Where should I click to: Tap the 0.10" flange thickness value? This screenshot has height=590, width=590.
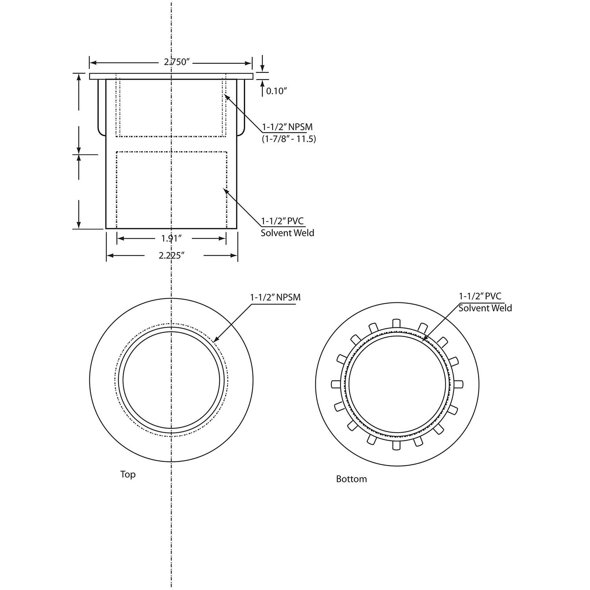click(x=277, y=91)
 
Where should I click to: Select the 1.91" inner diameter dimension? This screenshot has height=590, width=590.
click(x=171, y=238)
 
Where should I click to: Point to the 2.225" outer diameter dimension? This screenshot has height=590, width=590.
click(x=171, y=256)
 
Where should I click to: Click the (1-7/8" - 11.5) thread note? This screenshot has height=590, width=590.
click(x=289, y=139)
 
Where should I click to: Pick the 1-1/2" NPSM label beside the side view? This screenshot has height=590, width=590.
click(x=288, y=127)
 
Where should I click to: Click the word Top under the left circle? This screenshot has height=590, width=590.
click(x=128, y=474)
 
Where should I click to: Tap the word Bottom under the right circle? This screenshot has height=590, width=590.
click(x=351, y=479)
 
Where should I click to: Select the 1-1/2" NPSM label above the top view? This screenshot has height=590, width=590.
click(x=275, y=297)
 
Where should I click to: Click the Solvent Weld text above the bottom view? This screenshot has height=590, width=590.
click(x=485, y=308)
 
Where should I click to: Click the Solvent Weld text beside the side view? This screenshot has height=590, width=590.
click(x=288, y=233)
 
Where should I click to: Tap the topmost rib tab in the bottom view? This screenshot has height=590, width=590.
click(x=396, y=323)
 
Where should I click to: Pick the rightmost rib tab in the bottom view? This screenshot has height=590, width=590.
click(x=458, y=384)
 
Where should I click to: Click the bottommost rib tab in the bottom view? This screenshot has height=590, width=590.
click(x=396, y=445)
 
